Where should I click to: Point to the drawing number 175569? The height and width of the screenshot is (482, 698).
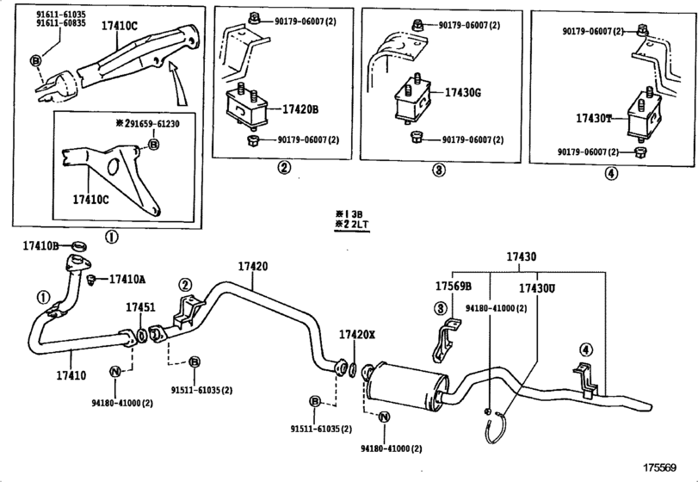tap(671, 468)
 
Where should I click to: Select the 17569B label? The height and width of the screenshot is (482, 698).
tap(453, 287)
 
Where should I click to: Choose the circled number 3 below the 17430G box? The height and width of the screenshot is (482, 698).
tap(438, 170)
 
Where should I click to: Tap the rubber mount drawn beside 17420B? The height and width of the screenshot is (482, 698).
tap(245, 111)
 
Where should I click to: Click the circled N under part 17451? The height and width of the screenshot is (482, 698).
tap(115, 371)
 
